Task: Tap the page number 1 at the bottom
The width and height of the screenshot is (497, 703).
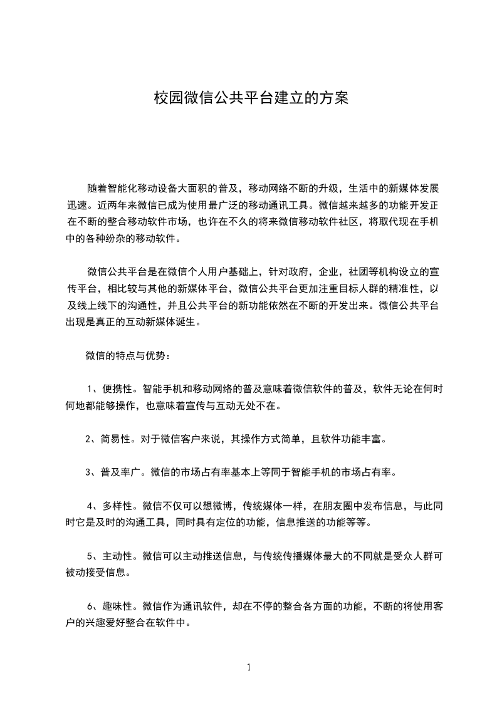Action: [x=249, y=667]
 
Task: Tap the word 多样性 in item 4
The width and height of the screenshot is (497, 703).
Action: [x=116, y=505]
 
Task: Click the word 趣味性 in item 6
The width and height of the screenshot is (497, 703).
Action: [x=116, y=605]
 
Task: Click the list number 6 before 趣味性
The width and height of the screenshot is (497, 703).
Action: [x=89, y=605]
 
